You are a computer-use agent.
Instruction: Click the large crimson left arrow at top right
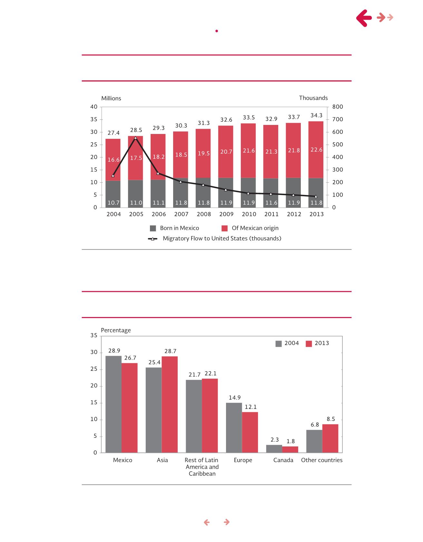(x=365, y=18)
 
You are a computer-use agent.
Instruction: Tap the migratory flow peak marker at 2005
(x=135, y=138)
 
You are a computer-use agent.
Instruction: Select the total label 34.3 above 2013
(x=316, y=115)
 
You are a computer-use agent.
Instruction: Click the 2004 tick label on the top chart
(x=113, y=214)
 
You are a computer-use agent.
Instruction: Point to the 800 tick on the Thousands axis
(x=338, y=107)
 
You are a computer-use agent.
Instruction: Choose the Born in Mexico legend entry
(x=174, y=228)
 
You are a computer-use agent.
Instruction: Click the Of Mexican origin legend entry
(x=250, y=228)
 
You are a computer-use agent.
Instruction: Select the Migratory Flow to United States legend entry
(x=215, y=239)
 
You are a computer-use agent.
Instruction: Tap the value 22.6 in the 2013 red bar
(x=316, y=149)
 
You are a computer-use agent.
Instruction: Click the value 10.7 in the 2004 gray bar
(x=113, y=203)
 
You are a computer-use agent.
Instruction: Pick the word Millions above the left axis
(x=111, y=98)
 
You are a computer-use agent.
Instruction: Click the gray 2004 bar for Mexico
(x=113, y=404)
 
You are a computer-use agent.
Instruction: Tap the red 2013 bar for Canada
(x=290, y=449)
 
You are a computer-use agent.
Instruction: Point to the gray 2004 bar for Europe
(x=234, y=428)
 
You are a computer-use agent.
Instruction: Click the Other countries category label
(x=322, y=460)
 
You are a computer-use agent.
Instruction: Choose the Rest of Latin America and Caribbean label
(x=202, y=467)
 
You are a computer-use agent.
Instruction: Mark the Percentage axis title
(x=116, y=330)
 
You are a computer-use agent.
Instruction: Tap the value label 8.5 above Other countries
(x=331, y=419)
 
